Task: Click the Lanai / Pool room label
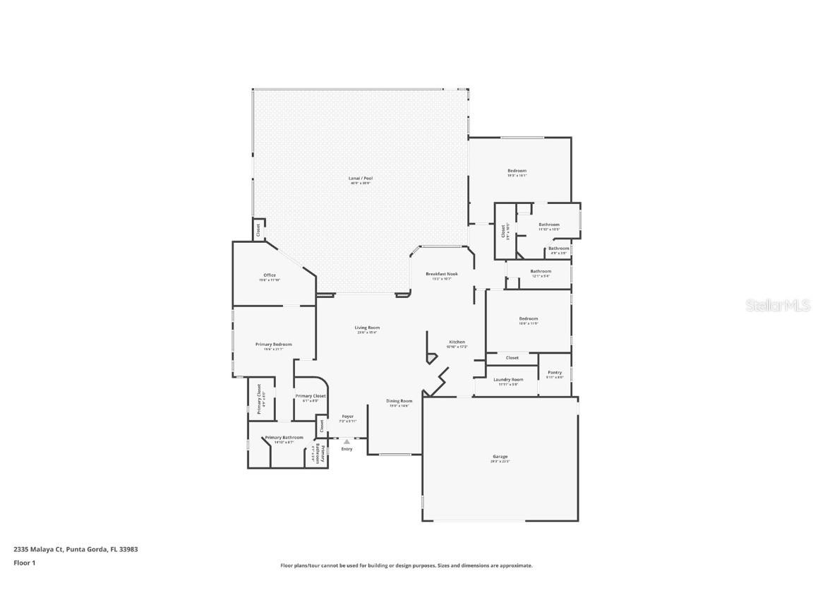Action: (360, 179)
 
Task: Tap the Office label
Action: (270, 275)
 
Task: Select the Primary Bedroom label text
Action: (273, 345)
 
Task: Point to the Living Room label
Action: (367, 328)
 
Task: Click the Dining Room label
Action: (399, 401)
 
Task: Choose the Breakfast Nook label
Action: (442, 274)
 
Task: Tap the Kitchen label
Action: (457, 342)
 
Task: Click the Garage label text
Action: (500, 457)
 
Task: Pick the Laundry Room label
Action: (508, 380)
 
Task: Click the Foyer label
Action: (347, 417)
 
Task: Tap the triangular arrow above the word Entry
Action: (347, 442)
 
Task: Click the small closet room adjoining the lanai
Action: (258, 229)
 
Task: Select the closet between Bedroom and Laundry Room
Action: (512, 358)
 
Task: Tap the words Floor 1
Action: (24, 563)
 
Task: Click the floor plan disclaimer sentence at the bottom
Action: (406, 566)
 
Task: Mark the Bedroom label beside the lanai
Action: (517, 171)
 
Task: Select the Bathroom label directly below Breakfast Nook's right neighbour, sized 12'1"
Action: (541, 271)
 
